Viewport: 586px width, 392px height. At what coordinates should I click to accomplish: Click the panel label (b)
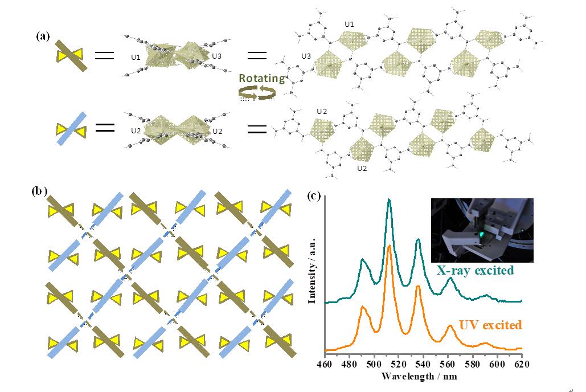tap(39, 192)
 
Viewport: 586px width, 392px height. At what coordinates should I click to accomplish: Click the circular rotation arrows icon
tap(259, 93)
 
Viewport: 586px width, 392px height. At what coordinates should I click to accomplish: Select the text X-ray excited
tap(475, 271)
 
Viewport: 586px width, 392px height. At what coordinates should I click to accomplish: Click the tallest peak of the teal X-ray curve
tap(389, 199)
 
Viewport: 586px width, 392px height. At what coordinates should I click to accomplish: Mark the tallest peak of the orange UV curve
tap(389, 246)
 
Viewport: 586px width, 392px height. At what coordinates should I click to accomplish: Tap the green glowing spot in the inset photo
tap(481, 234)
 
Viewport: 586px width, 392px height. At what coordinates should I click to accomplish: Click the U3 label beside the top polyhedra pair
tap(217, 56)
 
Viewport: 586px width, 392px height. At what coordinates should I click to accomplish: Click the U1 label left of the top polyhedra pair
tap(136, 58)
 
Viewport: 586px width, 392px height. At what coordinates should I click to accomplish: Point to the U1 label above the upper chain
tap(350, 24)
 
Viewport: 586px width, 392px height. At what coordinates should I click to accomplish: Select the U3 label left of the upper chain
tap(306, 56)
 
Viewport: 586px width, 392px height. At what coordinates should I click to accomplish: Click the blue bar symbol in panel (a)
tap(72, 127)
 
